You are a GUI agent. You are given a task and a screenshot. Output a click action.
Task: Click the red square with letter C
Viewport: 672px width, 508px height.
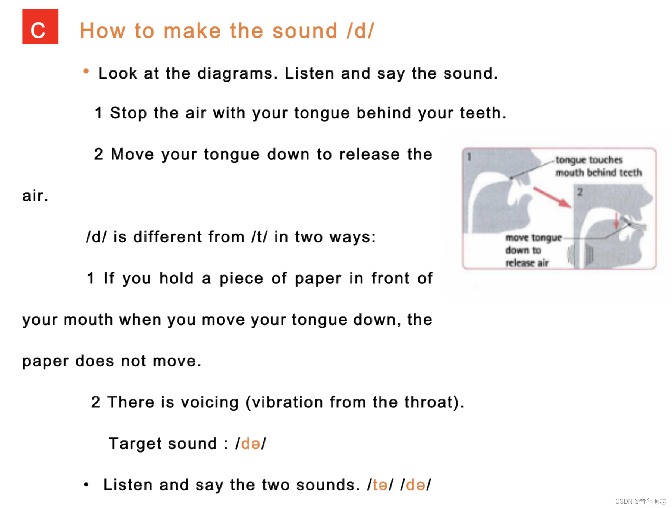click(40, 26)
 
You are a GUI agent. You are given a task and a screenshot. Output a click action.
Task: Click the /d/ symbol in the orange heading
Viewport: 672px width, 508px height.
click(360, 31)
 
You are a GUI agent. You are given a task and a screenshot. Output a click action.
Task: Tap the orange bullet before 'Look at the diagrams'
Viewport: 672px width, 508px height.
click(86, 71)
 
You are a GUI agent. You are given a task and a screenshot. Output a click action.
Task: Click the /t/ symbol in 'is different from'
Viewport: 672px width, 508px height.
click(260, 237)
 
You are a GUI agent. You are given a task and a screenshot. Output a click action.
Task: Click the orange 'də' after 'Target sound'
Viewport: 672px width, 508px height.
click(251, 444)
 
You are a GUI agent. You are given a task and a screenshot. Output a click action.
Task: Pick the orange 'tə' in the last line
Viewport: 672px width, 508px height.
click(380, 485)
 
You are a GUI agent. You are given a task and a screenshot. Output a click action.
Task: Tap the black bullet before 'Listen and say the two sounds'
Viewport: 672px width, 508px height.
click(86, 485)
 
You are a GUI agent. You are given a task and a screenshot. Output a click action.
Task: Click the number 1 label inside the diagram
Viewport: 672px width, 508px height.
click(469, 157)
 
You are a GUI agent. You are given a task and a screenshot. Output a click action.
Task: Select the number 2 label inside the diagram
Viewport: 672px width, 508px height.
click(580, 192)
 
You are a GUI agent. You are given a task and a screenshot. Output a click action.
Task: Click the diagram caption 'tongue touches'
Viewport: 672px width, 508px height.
click(589, 160)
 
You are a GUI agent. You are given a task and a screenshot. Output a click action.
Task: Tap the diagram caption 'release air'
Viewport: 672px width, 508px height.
click(527, 263)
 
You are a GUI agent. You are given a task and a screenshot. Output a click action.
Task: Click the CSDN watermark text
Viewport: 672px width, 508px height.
click(641, 501)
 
